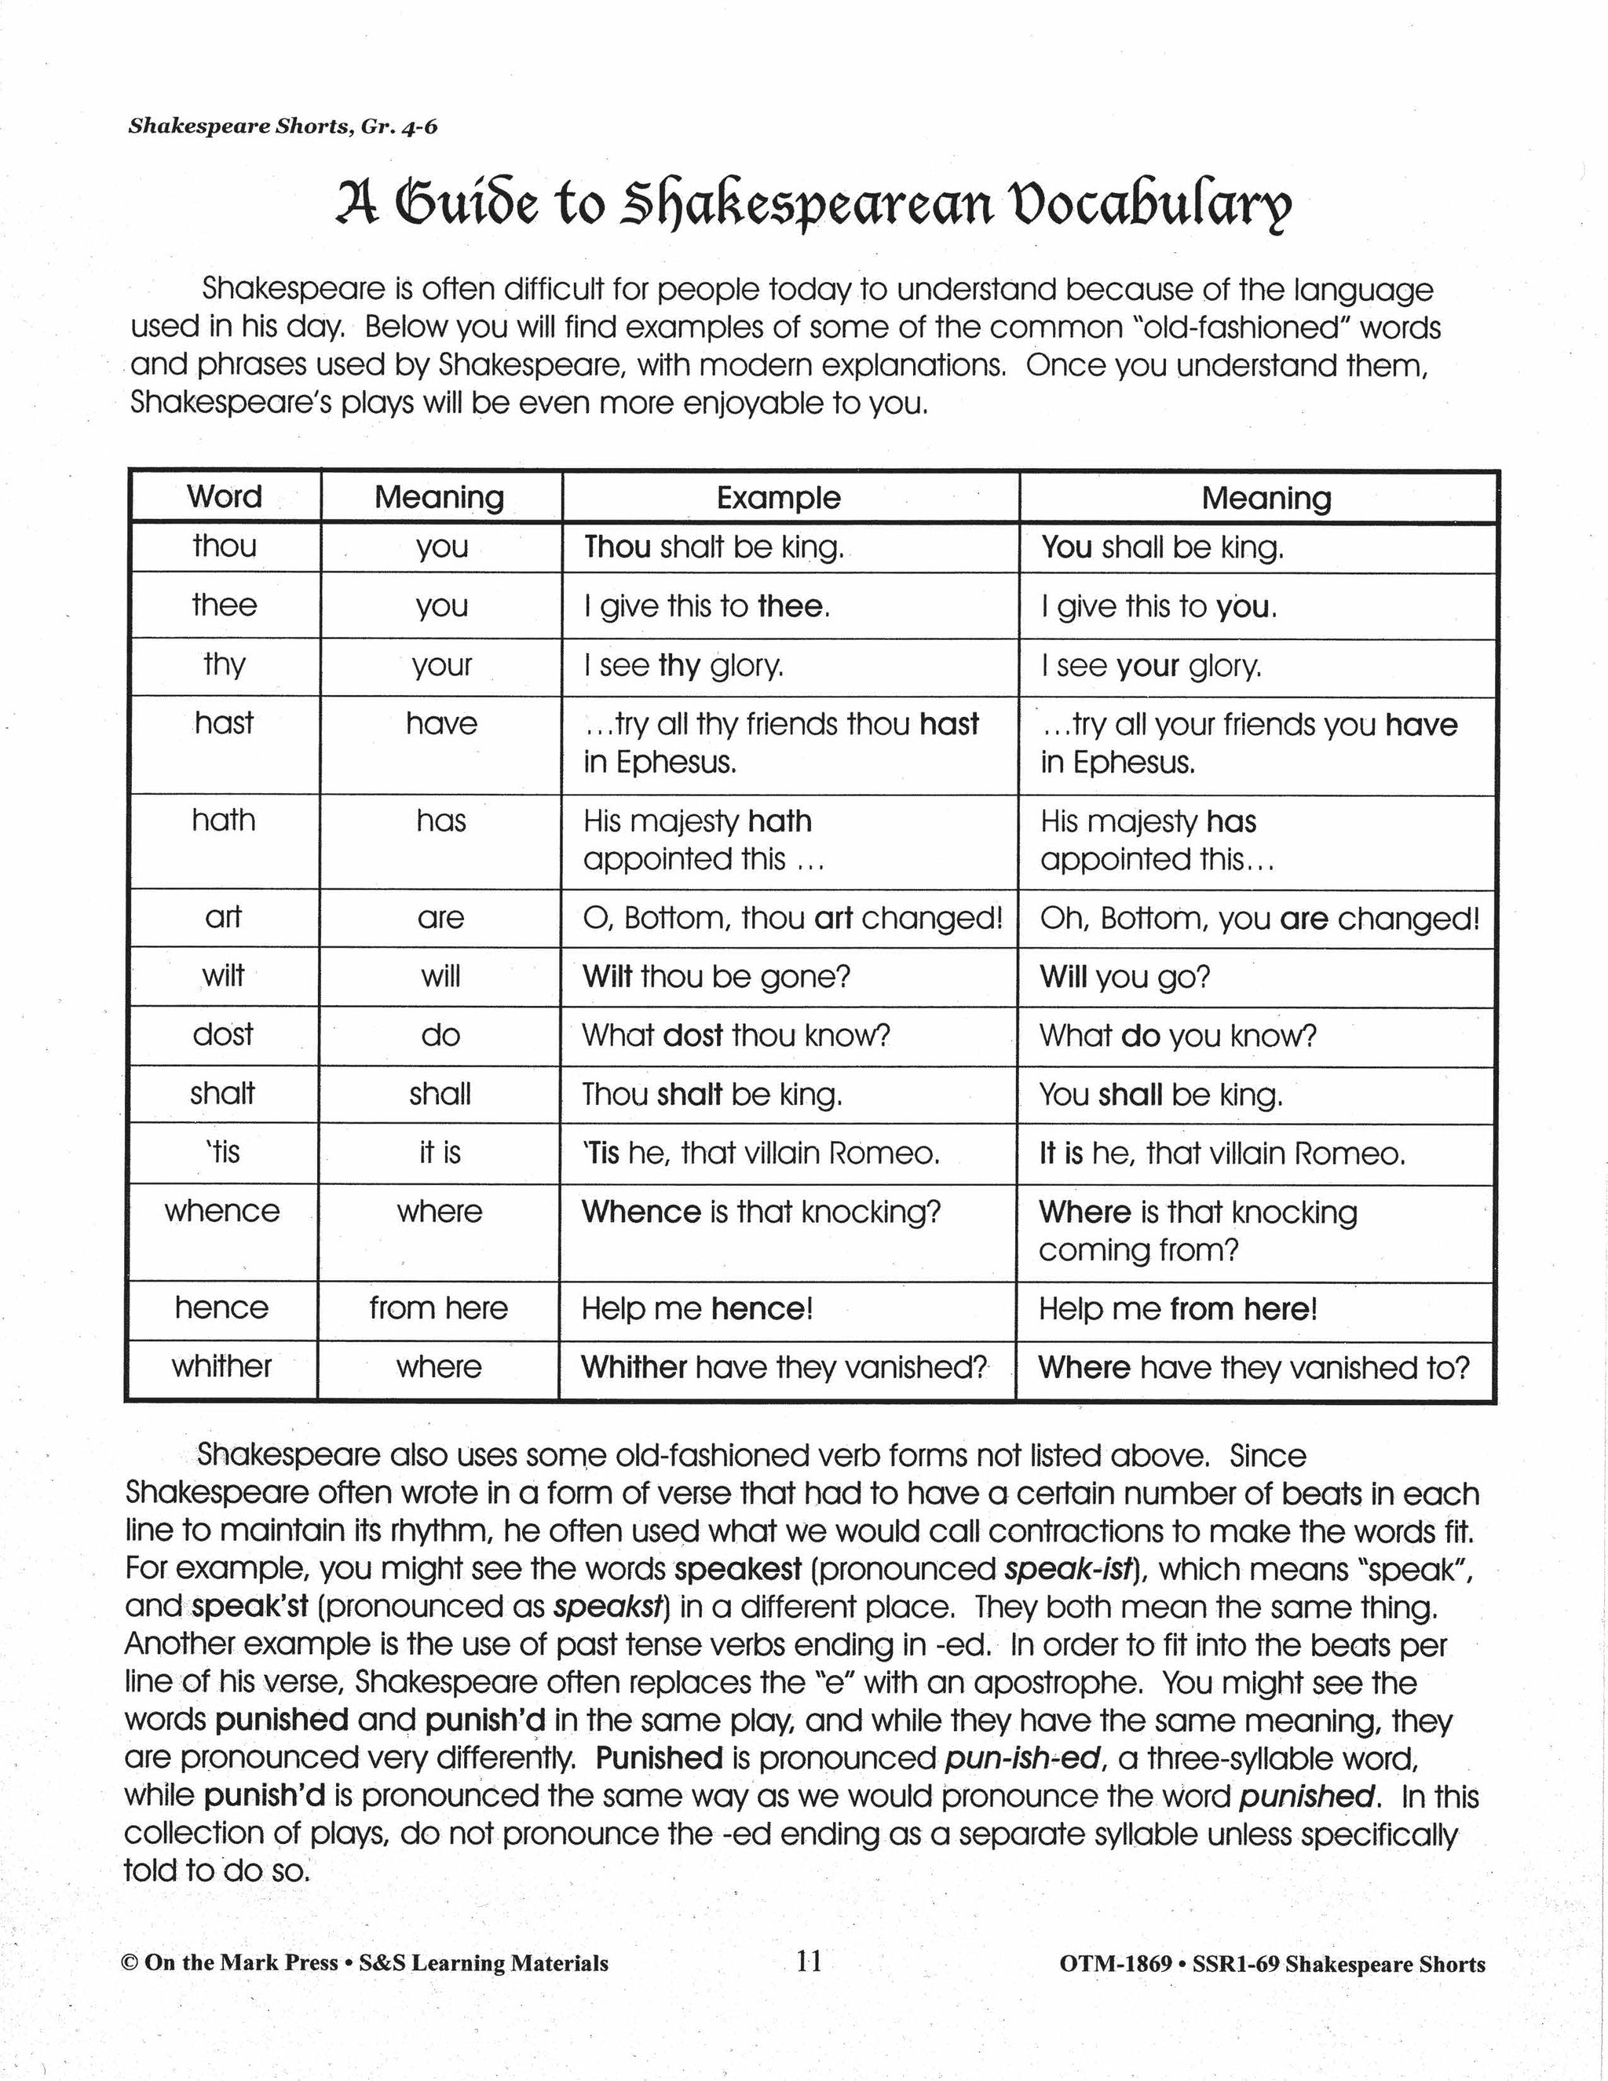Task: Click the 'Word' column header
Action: pos(224,496)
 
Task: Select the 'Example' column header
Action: pos(778,497)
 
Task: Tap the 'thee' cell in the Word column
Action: pos(224,605)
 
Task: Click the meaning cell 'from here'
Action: pos(438,1307)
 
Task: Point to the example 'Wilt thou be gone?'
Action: pos(716,977)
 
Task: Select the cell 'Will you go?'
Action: pos(1124,977)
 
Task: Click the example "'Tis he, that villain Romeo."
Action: pos(761,1153)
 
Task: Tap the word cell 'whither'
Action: pos(222,1366)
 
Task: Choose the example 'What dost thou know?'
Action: pos(736,1036)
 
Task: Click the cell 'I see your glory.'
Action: pos(1151,665)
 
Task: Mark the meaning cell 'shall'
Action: pos(440,1094)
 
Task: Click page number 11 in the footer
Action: pos(809,1961)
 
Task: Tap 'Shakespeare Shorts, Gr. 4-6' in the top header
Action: pos(283,126)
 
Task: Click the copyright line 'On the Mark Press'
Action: pos(241,1963)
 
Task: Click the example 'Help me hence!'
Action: pos(697,1308)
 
